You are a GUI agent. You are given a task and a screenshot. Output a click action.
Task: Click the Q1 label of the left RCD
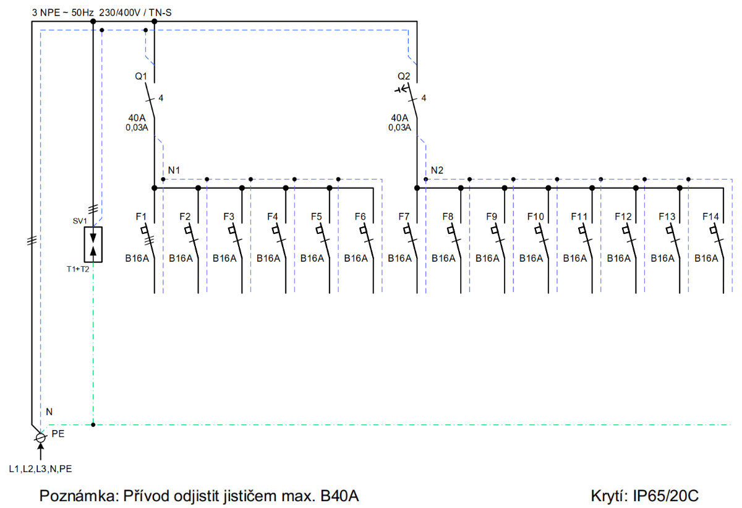pyautogui.click(x=141, y=77)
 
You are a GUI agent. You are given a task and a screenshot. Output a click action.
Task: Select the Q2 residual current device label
pyautogui.click(x=404, y=77)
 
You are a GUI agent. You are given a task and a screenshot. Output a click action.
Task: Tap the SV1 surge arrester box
pyautogui.click(x=93, y=244)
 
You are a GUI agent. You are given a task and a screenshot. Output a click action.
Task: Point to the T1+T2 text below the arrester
pyautogui.click(x=78, y=269)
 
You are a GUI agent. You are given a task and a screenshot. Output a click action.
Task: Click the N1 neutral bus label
pyautogui.click(x=174, y=170)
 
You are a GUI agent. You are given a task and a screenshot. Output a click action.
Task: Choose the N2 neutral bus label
pyautogui.click(x=437, y=170)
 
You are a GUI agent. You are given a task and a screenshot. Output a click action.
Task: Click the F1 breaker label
pyautogui.click(x=141, y=217)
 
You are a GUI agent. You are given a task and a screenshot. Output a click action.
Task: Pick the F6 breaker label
pyautogui.click(x=360, y=217)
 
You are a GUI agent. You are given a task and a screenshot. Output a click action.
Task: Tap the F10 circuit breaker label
pyautogui.click(x=535, y=217)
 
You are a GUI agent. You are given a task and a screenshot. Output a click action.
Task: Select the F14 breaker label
pyautogui.click(x=710, y=217)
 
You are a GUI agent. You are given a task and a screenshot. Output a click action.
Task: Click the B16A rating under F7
pyautogui.click(x=400, y=259)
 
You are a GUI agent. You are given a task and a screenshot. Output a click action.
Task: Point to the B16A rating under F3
pyautogui.click(x=224, y=259)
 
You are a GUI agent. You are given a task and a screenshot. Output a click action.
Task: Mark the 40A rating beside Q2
pyautogui.click(x=399, y=118)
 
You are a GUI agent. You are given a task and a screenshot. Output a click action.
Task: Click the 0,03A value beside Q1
pyautogui.click(x=137, y=127)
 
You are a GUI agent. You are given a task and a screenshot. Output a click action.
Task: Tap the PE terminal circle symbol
pyautogui.click(x=40, y=437)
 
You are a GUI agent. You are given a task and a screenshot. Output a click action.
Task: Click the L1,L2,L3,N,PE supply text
pyautogui.click(x=40, y=469)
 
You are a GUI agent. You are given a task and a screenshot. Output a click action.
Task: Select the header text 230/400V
pyautogui.click(x=119, y=13)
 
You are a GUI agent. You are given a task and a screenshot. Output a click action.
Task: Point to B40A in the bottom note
pyautogui.click(x=339, y=496)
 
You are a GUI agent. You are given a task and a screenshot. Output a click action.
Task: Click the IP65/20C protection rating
pyautogui.click(x=666, y=496)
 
